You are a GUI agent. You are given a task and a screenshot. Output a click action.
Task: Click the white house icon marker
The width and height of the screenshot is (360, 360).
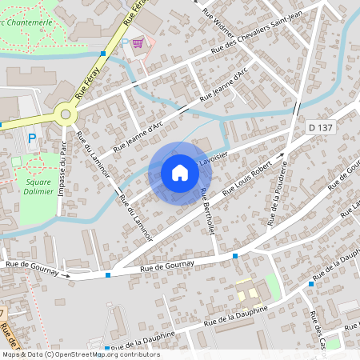pos(180,173)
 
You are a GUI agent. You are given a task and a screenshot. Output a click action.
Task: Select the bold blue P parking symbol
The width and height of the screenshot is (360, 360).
pos(32,138)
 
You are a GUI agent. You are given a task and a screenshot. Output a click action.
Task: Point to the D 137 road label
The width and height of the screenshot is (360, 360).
pos(320,127)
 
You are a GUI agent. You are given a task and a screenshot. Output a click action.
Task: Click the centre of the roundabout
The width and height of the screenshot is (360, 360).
pos(66,114)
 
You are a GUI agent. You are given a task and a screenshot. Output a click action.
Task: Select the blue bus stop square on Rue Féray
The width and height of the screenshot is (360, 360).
pos(103,54)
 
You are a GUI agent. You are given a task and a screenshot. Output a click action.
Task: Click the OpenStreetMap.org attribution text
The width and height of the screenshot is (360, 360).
pos(104,354)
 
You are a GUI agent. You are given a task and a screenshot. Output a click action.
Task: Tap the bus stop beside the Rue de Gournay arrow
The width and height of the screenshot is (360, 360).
pos(107,276)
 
